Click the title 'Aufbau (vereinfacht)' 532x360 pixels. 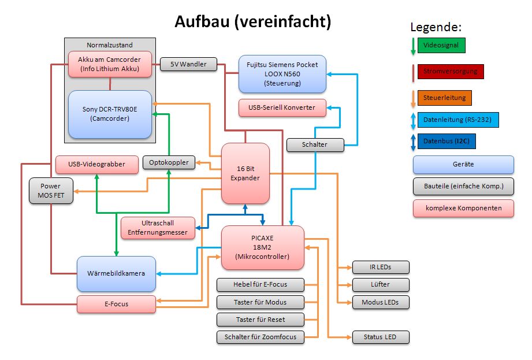pos(253,22)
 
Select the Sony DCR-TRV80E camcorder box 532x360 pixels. pos(110,114)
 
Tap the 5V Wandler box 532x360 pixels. pos(188,64)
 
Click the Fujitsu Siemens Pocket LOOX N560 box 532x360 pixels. pos(282,74)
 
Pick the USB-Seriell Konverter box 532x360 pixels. pos(282,107)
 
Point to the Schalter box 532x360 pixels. pos(315,144)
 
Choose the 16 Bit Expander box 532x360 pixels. pos(245,173)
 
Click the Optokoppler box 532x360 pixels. pos(169,163)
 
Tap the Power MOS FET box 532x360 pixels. pos(51,191)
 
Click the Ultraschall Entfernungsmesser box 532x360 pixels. pos(157,228)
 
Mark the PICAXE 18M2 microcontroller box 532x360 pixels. pos(262,247)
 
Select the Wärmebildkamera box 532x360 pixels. pos(117,273)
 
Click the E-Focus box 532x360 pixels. pos(117,304)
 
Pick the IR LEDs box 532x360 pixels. pos(380,267)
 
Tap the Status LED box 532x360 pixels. pos(380,337)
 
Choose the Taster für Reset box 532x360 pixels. pos(260,320)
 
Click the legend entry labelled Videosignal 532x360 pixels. pos(441,45)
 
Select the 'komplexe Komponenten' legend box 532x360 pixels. pos(463,208)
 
